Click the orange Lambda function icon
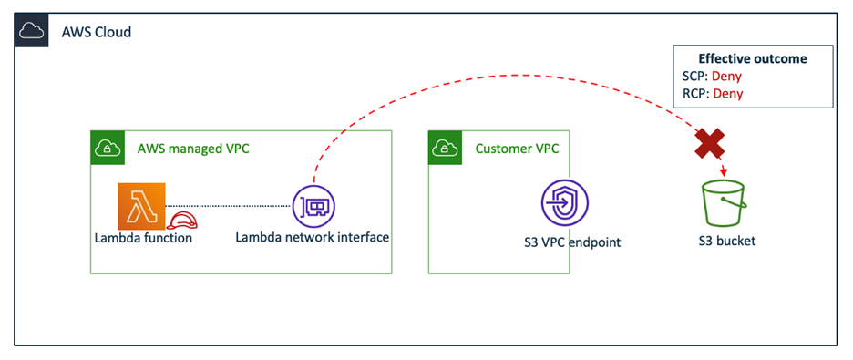click(140, 205)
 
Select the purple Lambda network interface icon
click(313, 206)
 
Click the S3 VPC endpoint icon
click(564, 202)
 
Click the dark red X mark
click(711, 142)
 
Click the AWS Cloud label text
click(96, 33)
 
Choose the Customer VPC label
click(517, 148)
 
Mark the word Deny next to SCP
click(726, 76)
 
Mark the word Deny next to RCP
click(727, 93)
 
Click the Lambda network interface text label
click(312, 238)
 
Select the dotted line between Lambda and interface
click(228, 206)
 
